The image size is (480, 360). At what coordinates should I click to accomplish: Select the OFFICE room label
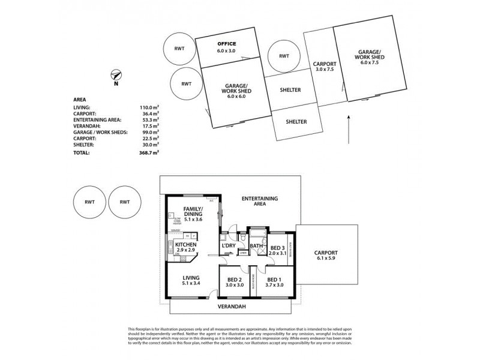pos(226,44)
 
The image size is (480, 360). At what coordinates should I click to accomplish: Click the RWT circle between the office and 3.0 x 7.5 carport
pos(284,56)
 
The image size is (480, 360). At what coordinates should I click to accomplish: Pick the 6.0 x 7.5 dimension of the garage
pos(371,62)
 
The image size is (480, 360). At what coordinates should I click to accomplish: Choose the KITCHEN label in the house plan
pos(187,245)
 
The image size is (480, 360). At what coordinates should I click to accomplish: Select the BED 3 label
pos(277,248)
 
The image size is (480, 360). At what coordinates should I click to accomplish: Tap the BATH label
pos(256,245)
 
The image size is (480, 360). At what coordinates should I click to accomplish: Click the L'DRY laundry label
pos(228,246)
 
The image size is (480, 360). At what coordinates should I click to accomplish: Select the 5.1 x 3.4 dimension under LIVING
pos(191,283)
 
